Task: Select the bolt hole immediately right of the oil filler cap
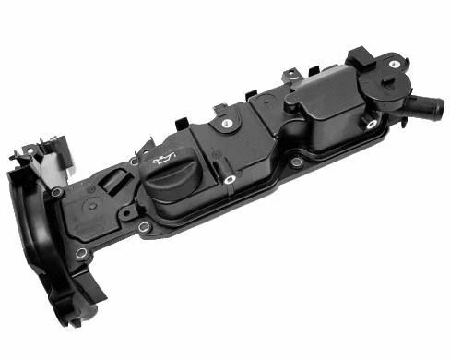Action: (230, 179)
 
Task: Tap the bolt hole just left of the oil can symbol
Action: (135, 161)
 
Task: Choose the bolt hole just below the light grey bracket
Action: (57, 192)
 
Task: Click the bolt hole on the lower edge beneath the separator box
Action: (296, 162)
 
